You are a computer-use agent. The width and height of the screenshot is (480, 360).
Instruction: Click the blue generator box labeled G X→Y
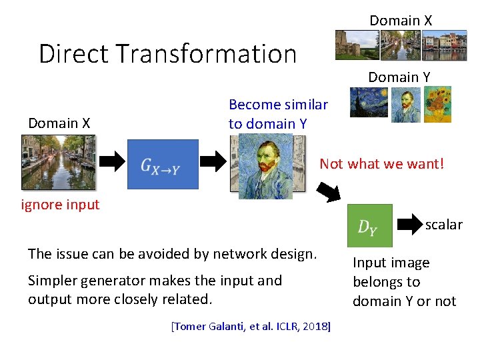click(x=163, y=164)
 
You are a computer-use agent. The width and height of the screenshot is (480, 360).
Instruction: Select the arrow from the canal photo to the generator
click(x=112, y=161)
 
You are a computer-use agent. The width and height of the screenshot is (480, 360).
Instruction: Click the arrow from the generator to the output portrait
click(x=213, y=161)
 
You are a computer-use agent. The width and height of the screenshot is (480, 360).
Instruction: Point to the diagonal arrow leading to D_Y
click(x=328, y=191)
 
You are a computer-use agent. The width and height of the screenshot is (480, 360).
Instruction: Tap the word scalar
click(x=443, y=225)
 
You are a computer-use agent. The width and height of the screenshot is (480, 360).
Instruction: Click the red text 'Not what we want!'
click(x=381, y=163)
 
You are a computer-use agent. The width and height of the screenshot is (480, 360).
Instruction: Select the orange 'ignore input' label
click(x=60, y=205)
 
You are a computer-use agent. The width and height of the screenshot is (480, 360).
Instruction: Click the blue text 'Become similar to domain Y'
click(x=278, y=114)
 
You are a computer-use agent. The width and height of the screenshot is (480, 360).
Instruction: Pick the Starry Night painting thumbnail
click(x=365, y=105)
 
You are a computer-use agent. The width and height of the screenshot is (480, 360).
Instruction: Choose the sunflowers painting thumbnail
click(x=438, y=104)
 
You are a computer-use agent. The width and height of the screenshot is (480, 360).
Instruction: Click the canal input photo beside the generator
click(x=58, y=162)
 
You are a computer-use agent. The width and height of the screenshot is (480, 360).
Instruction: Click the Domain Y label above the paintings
click(x=399, y=77)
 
